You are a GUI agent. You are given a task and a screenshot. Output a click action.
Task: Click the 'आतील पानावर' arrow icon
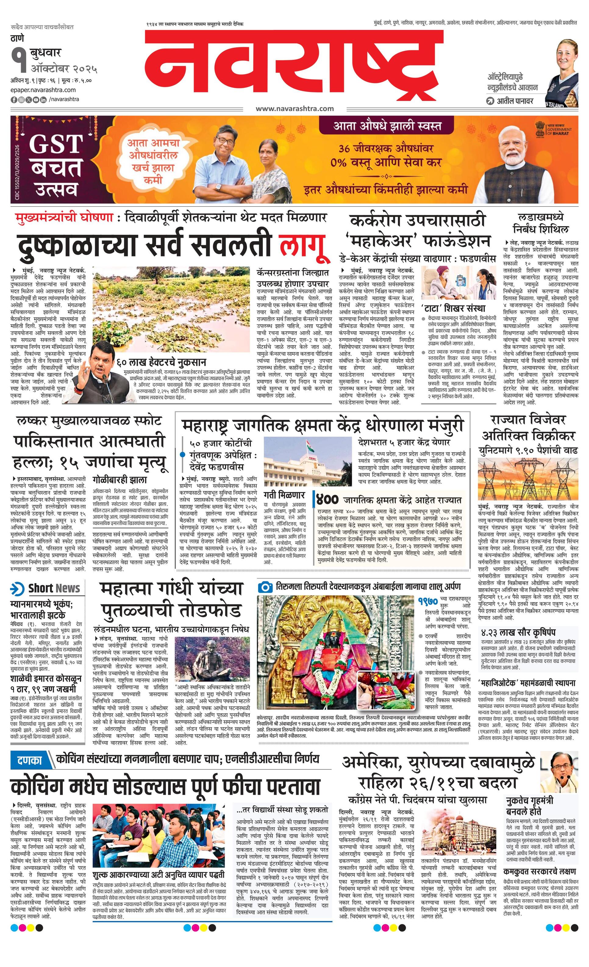pos(489,101)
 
